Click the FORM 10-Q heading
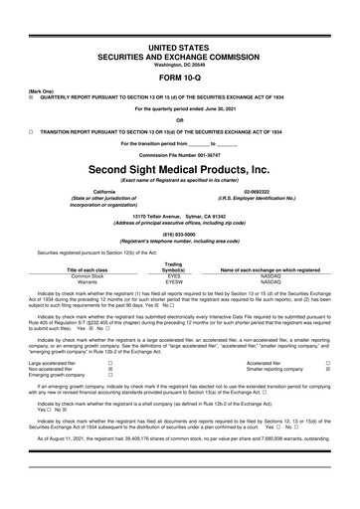point(179,51)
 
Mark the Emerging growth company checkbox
point(109,379)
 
